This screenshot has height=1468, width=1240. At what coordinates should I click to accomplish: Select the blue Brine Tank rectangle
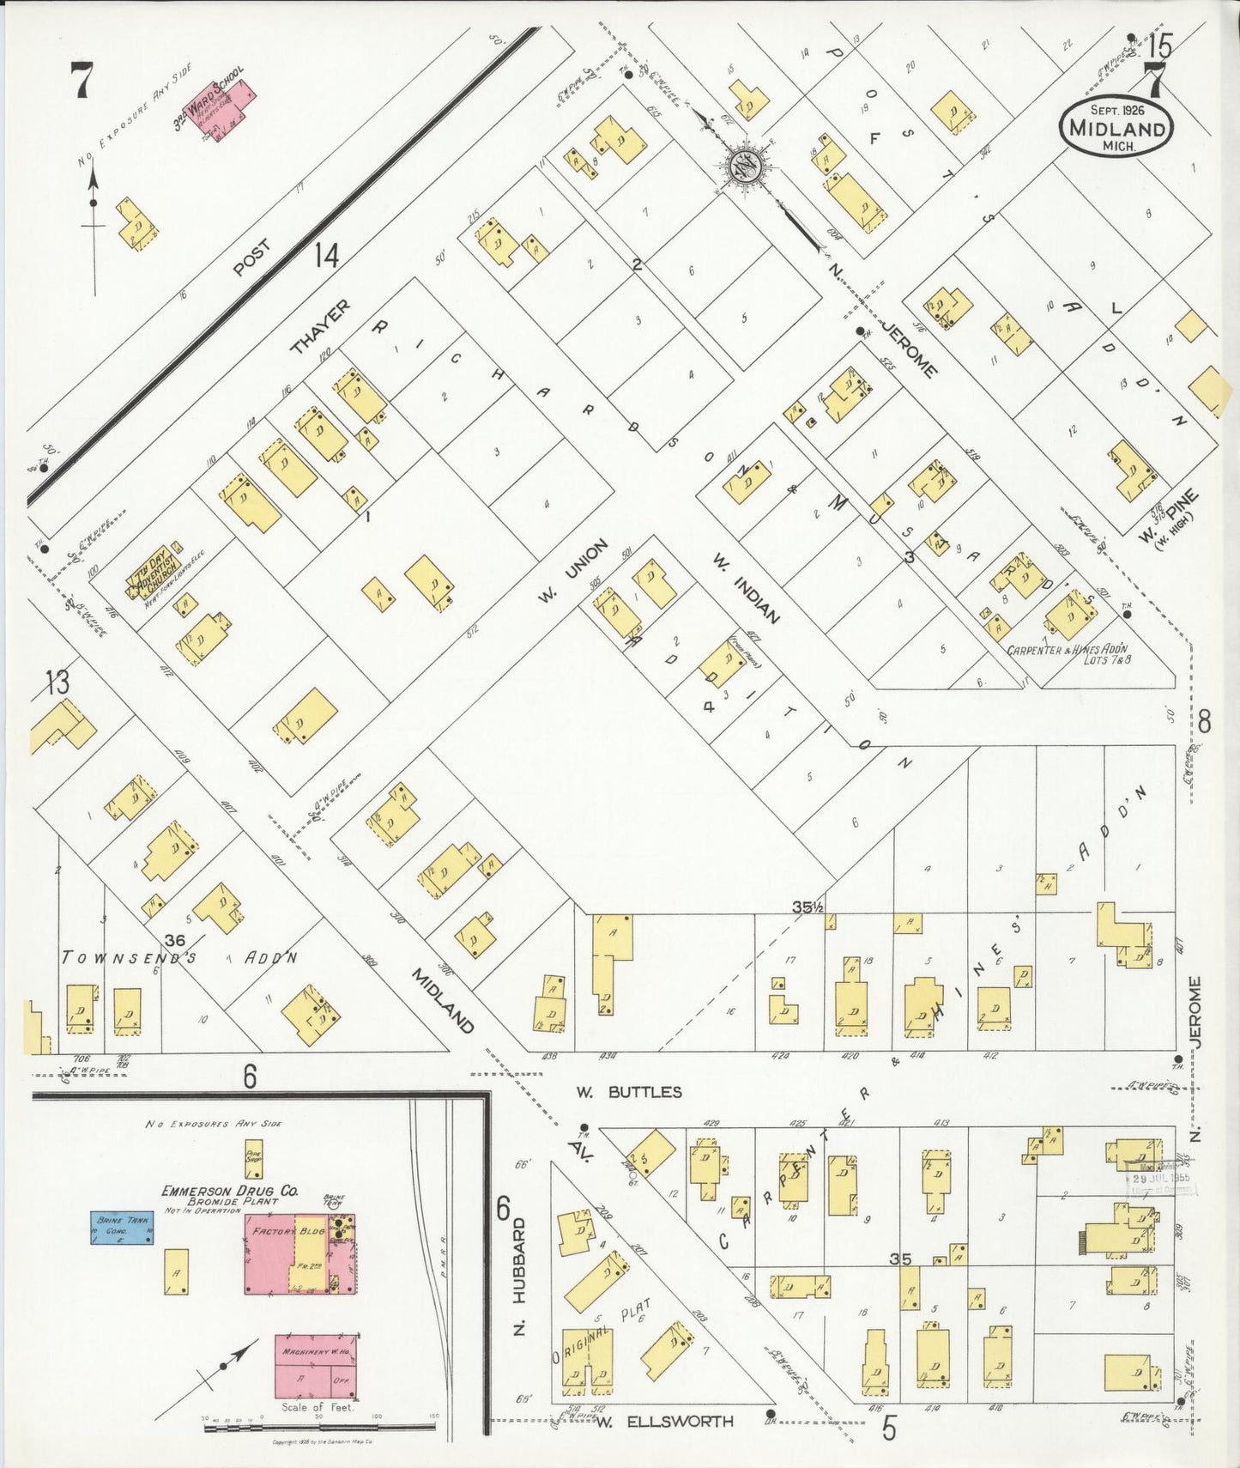tap(122, 1228)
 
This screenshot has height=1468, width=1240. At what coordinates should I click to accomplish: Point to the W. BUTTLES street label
tap(628, 1092)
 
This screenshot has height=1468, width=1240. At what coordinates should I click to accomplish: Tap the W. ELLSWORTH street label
tap(665, 1421)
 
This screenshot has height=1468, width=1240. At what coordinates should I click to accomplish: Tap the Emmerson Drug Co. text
tap(229, 1191)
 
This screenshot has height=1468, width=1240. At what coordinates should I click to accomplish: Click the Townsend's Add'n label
tap(180, 957)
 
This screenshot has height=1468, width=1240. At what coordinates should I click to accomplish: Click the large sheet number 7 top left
tap(82, 82)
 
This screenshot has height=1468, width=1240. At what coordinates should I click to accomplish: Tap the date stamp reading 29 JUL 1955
tap(1160, 1178)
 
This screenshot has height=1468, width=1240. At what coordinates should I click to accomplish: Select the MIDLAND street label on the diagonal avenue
tap(442, 1000)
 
